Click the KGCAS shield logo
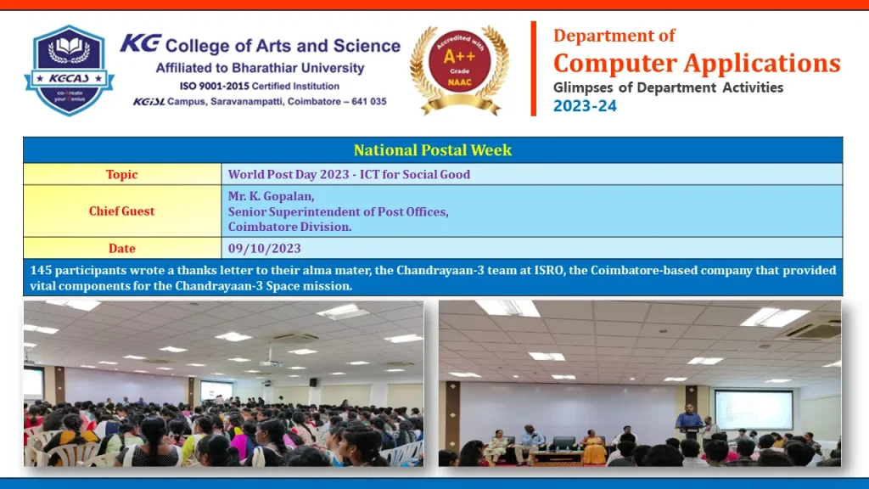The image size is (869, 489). (69, 70)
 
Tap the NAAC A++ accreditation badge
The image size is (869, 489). (459, 70)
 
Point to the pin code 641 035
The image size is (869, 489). (368, 102)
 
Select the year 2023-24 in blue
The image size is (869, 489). (585, 106)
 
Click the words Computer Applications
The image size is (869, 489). (697, 63)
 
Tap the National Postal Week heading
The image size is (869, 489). (432, 150)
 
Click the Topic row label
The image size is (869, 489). (121, 174)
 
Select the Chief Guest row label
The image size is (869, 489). (121, 211)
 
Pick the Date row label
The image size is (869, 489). (121, 248)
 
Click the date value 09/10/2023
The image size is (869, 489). (265, 248)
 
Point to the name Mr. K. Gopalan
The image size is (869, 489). (271, 196)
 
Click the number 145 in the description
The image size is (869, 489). (41, 270)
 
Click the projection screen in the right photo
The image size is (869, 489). (754, 410)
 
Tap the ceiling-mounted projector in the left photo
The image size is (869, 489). (271, 363)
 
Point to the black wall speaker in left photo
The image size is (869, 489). (313, 382)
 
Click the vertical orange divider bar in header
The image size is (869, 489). (534, 69)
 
